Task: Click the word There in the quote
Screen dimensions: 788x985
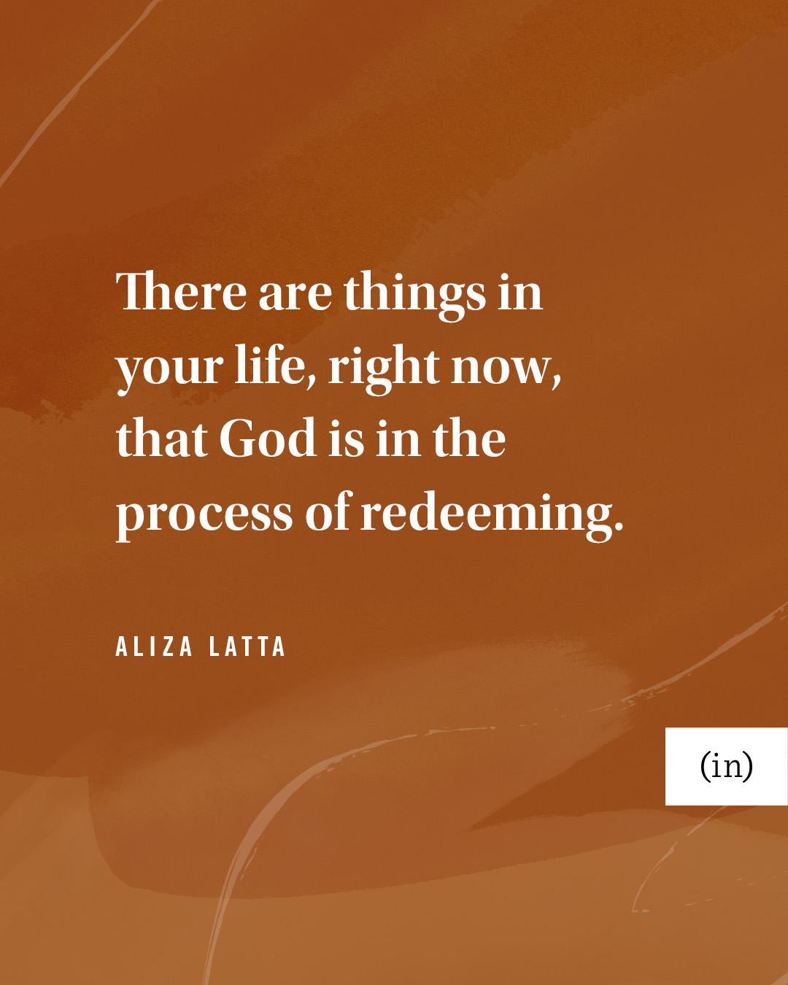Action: [182, 290]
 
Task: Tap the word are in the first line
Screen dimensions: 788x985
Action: [295, 295]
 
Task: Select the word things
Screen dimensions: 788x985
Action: [415, 295]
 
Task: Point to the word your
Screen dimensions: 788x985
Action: [169, 369]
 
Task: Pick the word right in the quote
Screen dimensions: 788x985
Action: [384, 368]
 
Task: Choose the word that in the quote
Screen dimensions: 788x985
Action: [162, 438]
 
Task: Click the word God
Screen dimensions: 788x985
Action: [269, 438]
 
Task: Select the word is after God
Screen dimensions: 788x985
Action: [347, 438]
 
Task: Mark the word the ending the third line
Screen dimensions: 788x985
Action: [469, 438]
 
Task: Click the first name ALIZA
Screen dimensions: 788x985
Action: [154, 646]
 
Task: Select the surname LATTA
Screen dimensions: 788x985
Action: [247, 646]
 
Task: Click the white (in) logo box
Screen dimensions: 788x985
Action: [726, 766]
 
